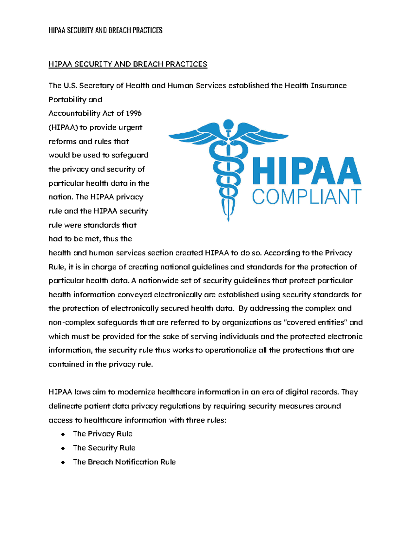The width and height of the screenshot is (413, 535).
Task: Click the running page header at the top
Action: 105,30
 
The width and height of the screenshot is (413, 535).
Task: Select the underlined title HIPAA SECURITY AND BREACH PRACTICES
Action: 128,64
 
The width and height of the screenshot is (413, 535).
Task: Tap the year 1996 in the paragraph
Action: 134,113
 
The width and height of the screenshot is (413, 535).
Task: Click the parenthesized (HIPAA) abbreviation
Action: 63,127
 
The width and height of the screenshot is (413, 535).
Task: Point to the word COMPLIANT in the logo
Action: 306,197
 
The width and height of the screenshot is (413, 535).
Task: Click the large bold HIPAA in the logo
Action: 306,171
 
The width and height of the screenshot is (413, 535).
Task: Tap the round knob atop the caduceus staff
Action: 228,124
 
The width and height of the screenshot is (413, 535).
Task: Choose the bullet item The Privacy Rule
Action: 103,434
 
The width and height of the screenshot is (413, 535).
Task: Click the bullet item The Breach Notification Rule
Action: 124,462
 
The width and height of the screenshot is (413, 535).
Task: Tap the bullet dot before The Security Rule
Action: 63,448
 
